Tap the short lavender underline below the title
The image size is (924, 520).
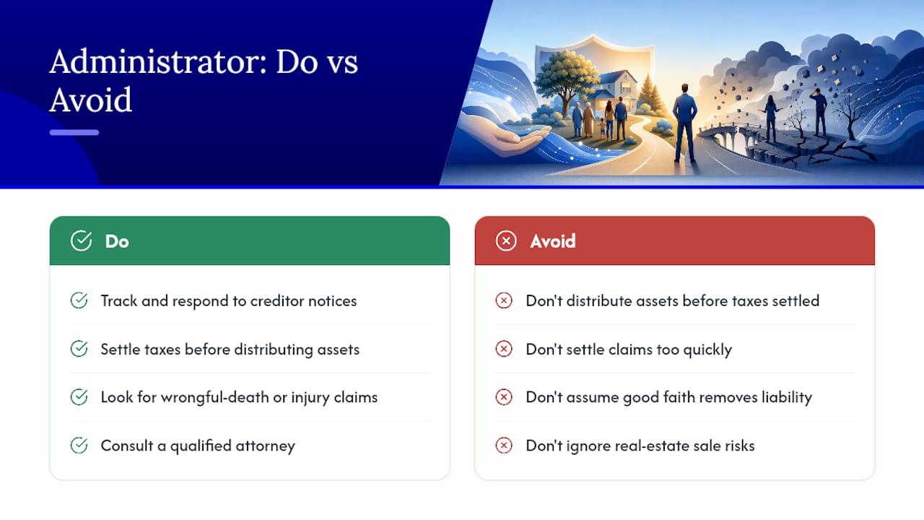click(74, 132)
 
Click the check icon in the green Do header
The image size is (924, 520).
click(81, 240)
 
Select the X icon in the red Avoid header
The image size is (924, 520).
click(506, 241)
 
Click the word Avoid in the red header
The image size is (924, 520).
click(553, 241)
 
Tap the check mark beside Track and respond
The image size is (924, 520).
click(79, 300)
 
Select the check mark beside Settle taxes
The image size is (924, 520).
click(79, 349)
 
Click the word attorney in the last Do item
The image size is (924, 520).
click(265, 446)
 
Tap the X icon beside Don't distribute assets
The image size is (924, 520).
click(504, 300)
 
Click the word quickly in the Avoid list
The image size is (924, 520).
click(707, 350)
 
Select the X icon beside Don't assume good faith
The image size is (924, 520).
click(504, 397)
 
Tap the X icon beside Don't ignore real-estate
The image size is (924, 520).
click(504, 446)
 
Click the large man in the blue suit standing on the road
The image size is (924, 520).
click(685, 123)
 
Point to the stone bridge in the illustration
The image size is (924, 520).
click(738, 138)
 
